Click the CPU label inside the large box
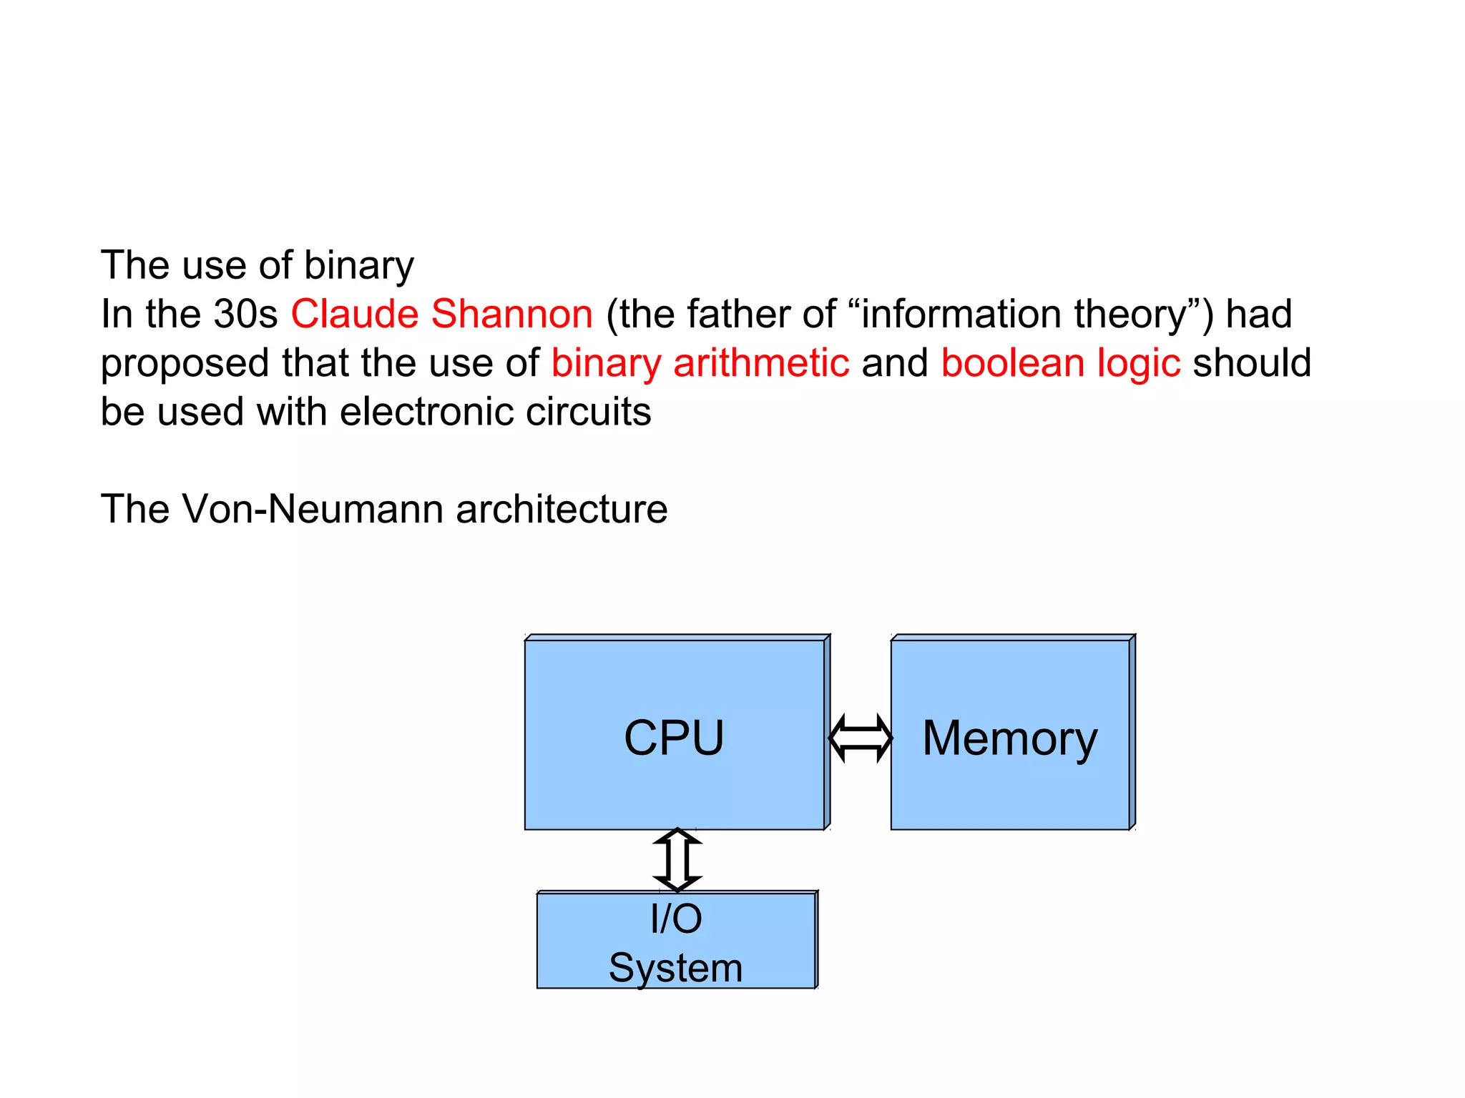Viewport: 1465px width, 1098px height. pyautogui.click(x=674, y=738)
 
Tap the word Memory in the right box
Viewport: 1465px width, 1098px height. pyautogui.click(x=1009, y=739)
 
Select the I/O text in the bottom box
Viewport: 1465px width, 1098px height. pyautogui.click(x=676, y=919)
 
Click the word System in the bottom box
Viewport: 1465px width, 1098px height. pyautogui.click(x=676, y=968)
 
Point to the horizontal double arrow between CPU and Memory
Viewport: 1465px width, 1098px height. pyautogui.click(x=860, y=738)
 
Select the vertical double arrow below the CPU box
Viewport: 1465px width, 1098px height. pyautogui.click(x=677, y=860)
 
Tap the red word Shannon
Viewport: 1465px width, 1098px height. pyautogui.click(x=512, y=314)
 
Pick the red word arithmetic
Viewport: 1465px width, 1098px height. pyautogui.click(x=761, y=362)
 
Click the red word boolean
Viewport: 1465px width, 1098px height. pyautogui.click(x=1013, y=362)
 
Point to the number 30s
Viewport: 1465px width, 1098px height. pyautogui.click(x=245, y=314)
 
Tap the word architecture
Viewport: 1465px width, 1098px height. pyautogui.click(x=562, y=509)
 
